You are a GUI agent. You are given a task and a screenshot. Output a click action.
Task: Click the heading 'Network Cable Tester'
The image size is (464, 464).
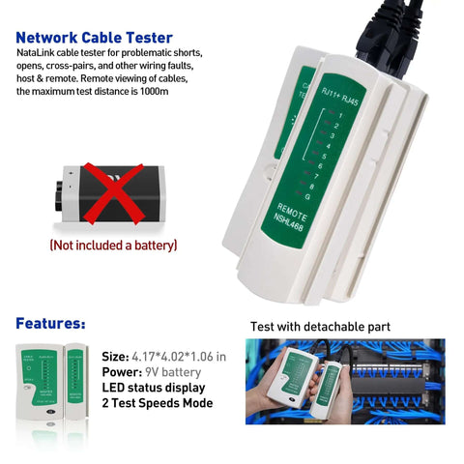tap(95, 38)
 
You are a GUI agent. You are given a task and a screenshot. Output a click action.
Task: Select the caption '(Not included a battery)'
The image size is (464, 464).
tap(113, 246)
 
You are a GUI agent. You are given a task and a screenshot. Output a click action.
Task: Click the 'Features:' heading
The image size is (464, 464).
tap(50, 323)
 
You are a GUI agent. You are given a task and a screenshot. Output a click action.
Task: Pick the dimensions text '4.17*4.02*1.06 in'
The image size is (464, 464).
tap(179, 356)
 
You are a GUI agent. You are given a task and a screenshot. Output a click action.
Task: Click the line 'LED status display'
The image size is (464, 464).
tap(155, 387)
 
